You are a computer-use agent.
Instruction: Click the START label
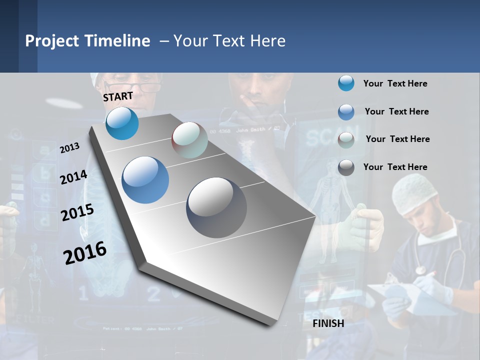pyautogui.click(x=118, y=96)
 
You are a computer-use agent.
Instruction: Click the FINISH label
pyautogui.click(x=328, y=323)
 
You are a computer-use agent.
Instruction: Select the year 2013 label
pyautogui.click(x=69, y=148)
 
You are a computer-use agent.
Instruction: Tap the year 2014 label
pyautogui.click(x=73, y=177)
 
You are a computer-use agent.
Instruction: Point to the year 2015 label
pyautogui.click(x=77, y=212)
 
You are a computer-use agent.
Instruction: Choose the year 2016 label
pyautogui.click(x=85, y=252)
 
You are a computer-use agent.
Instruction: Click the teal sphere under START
pyautogui.click(x=122, y=123)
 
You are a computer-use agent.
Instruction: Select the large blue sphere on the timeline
pyautogui.click(x=145, y=180)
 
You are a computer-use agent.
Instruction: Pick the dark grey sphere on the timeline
pyautogui.click(x=216, y=207)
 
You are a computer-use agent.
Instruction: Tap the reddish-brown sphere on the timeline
pyautogui.click(x=189, y=139)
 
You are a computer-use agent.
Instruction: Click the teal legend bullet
pyautogui.click(x=346, y=83)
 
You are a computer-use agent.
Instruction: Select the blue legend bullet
pyautogui.click(x=346, y=112)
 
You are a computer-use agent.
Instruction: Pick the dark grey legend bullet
pyautogui.click(x=346, y=167)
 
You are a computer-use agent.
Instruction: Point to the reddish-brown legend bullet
pyautogui.click(x=346, y=139)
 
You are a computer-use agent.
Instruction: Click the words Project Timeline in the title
pyautogui.click(x=87, y=41)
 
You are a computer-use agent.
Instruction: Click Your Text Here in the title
pyautogui.click(x=229, y=41)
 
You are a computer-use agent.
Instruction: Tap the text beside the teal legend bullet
pyautogui.click(x=395, y=83)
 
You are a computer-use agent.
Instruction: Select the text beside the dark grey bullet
pyautogui.click(x=395, y=167)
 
